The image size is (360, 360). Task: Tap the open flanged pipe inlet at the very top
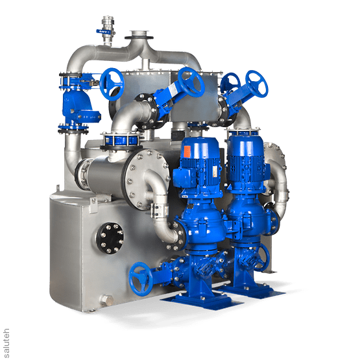point(138,34)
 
